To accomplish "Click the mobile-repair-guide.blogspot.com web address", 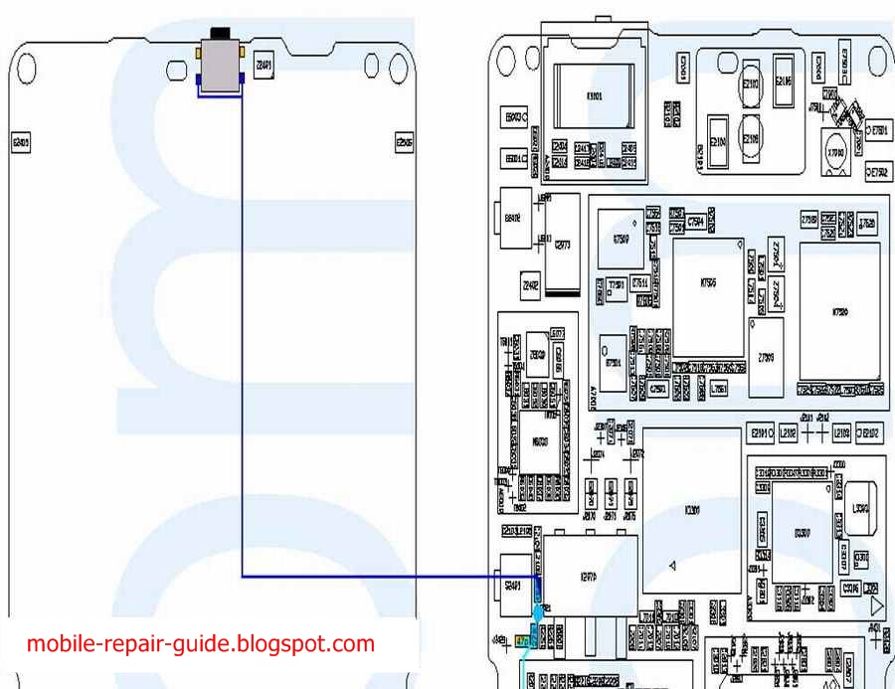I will pos(201,643).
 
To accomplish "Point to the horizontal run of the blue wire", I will pos(388,576).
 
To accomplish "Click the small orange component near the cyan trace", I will pos(522,641).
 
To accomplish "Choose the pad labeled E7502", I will pos(878,172).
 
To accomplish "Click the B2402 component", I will pos(513,216).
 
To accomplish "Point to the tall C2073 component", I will pos(564,245).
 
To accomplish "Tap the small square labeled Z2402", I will pos(531,287).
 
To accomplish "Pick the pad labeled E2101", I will pos(761,433).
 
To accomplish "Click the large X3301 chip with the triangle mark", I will pos(692,509).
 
